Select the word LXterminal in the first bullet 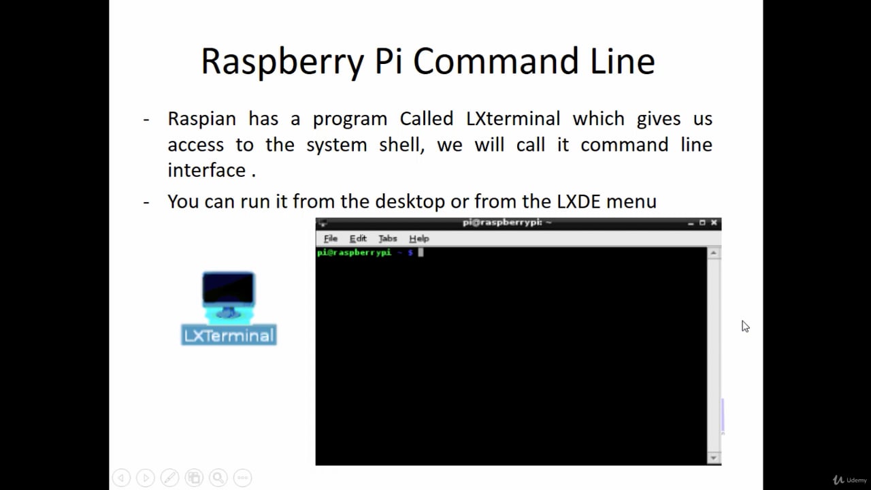513,118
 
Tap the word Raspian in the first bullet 201,118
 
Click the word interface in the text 207,170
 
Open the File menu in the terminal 331,238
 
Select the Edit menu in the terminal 358,238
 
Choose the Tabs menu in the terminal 388,238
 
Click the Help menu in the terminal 419,238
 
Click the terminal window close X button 714,223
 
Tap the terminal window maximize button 702,223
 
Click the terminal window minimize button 691,223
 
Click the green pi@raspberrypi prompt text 354,252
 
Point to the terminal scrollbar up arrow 714,253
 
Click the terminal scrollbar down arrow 714,458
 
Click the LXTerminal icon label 229,335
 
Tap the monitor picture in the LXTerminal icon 229,290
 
